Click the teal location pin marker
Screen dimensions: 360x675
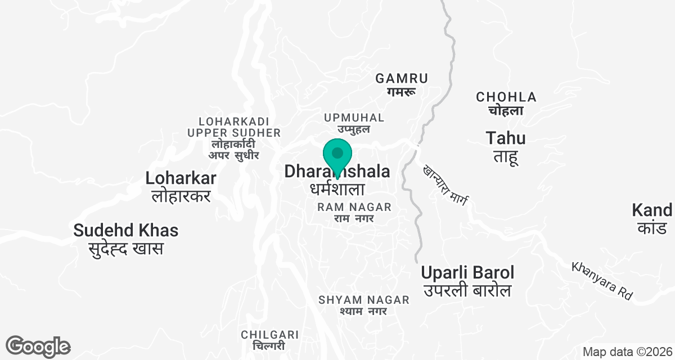[x=337, y=155]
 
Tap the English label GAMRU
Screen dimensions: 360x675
[x=402, y=78]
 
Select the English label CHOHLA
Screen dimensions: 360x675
[x=506, y=97]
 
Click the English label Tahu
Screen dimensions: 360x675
[x=506, y=138]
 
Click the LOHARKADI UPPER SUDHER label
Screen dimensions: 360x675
[x=234, y=127]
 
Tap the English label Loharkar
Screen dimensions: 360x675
[x=181, y=179]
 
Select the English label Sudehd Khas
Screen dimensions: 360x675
[x=126, y=230]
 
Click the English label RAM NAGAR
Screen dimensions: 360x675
[x=346, y=207]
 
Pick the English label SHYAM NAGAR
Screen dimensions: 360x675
[x=364, y=300]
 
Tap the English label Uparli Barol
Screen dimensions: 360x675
[x=468, y=273]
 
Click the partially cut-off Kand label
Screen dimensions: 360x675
[x=652, y=210]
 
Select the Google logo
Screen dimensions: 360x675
[x=38, y=346]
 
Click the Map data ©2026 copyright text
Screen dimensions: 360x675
[x=627, y=352]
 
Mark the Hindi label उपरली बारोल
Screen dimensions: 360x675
[x=468, y=291]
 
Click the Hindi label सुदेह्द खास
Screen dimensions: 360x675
[x=126, y=248]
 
